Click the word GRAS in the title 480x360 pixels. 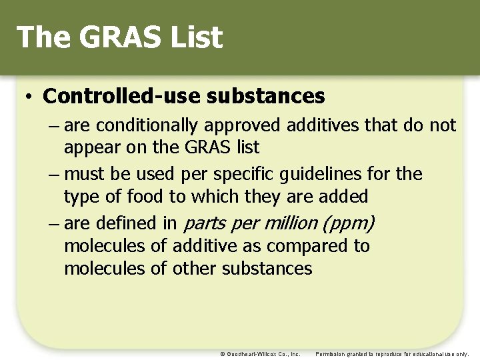click(x=117, y=37)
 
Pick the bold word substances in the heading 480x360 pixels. click(x=265, y=97)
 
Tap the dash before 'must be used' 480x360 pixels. click(x=53, y=175)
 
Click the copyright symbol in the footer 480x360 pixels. click(x=223, y=354)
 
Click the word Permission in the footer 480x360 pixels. click(x=331, y=354)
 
